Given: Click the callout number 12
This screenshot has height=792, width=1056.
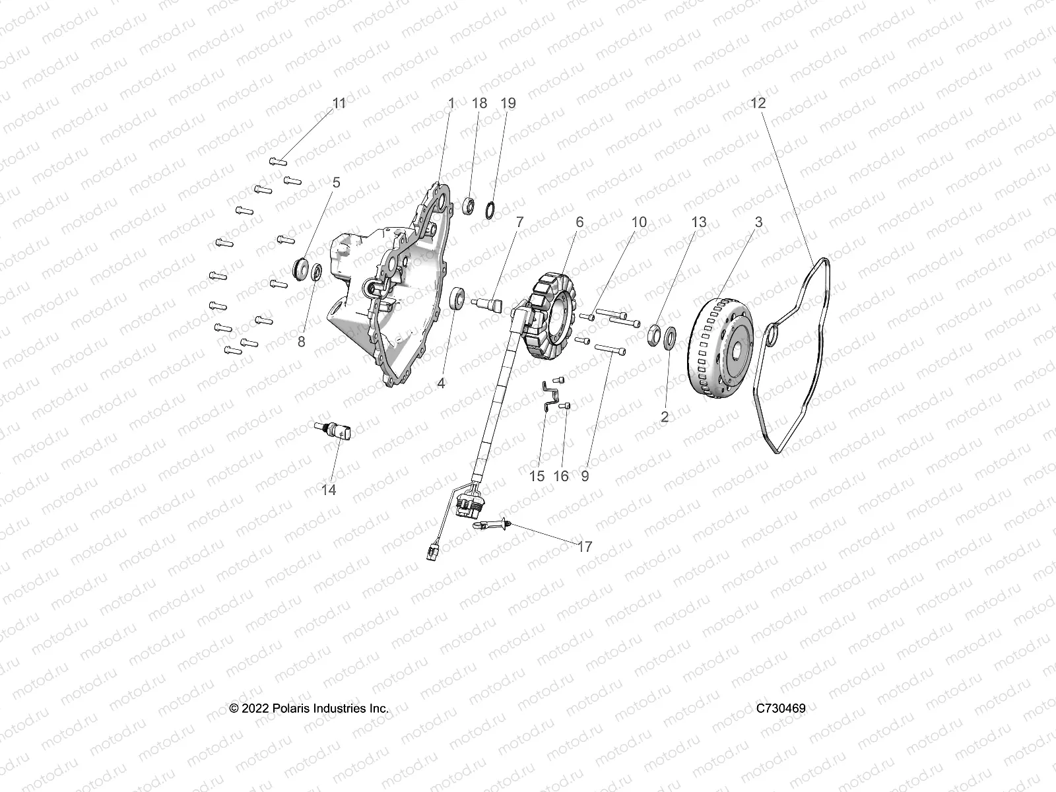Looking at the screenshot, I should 758,103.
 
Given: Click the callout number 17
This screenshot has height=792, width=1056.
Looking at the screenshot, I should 584,546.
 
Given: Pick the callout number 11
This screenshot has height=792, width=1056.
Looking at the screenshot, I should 339,103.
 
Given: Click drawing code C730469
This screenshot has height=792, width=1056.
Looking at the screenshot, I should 781,708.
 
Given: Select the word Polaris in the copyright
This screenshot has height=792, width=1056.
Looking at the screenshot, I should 290,708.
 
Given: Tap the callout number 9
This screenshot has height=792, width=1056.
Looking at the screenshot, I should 585,476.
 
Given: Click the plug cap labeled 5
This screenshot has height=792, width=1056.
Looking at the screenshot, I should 302,269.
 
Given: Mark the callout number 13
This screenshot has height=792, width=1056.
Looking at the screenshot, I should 698,222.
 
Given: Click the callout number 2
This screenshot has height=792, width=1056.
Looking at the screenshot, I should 665,417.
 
